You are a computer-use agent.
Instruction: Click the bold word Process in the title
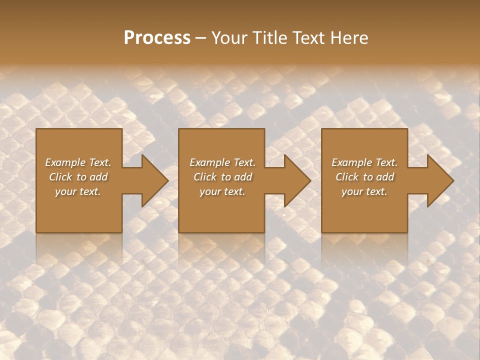tap(157, 38)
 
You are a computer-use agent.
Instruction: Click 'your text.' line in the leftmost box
tap(78, 191)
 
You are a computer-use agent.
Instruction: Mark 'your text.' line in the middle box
tap(222, 191)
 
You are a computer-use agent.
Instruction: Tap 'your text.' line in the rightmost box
tap(364, 191)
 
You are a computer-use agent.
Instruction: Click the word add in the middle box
tap(242, 177)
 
